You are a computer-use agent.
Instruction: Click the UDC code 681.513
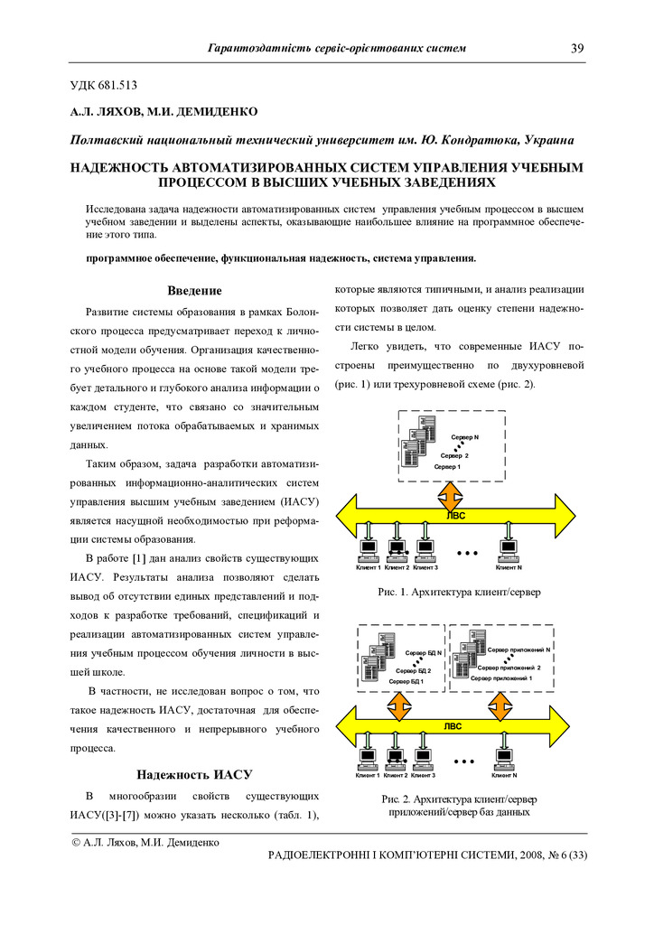(x=119, y=86)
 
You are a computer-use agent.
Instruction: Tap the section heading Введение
(x=194, y=291)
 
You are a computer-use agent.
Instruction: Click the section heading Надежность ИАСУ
(x=193, y=774)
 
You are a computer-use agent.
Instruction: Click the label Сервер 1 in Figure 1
(x=447, y=466)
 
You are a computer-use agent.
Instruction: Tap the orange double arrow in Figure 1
(x=451, y=496)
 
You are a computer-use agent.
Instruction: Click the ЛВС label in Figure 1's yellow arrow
(x=457, y=515)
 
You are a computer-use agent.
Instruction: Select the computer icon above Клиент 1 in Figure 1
(x=369, y=548)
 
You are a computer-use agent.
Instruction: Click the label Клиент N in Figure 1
(x=509, y=567)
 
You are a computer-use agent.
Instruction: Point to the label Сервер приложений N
(x=519, y=649)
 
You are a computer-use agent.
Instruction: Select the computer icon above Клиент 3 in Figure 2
(x=422, y=757)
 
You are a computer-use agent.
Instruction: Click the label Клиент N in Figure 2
(x=504, y=775)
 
